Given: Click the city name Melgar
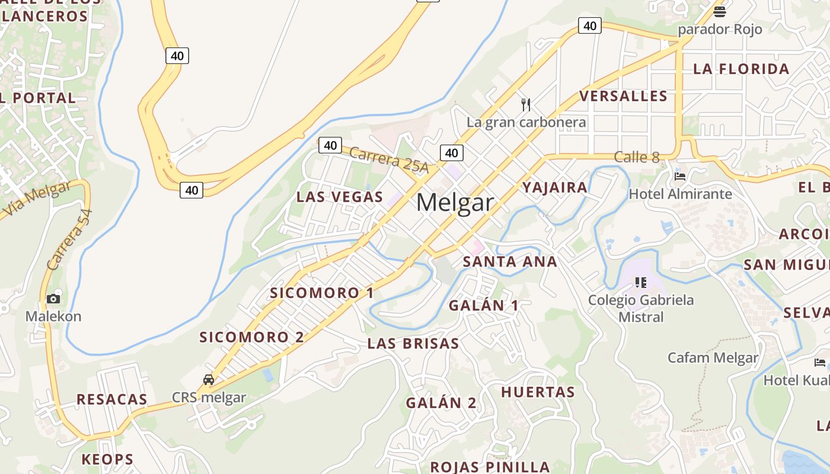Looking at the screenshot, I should click(x=455, y=203).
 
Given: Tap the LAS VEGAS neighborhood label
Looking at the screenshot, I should click(x=340, y=197).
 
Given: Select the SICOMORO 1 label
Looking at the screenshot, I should click(x=322, y=293).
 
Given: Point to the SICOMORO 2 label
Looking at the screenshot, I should click(x=251, y=337).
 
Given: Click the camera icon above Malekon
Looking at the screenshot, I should click(x=53, y=299).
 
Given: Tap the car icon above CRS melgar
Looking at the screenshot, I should click(x=209, y=379).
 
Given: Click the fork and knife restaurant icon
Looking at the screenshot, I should click(x=526, y=105).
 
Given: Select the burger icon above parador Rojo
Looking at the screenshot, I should click(x=720, y=11).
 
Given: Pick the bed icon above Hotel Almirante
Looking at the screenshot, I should click(x=680, y=177).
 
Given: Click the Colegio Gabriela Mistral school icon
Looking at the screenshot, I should click(x=640, y=282).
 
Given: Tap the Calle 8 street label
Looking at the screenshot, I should click(x=637, y=157).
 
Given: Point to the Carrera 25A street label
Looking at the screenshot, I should click(x=388, y=160).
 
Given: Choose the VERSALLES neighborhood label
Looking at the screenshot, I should click(x=623, y=96).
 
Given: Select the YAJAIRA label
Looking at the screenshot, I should click(x=555, y=187).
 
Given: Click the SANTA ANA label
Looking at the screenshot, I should click(x=510, y=261).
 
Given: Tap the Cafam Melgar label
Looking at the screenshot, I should click(x=713, y=357).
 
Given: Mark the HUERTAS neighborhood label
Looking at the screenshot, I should click(x=538, y=392).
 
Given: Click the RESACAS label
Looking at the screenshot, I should click(x=111, y=399).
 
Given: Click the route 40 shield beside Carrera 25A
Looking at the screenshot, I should click(x=330, y=145).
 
